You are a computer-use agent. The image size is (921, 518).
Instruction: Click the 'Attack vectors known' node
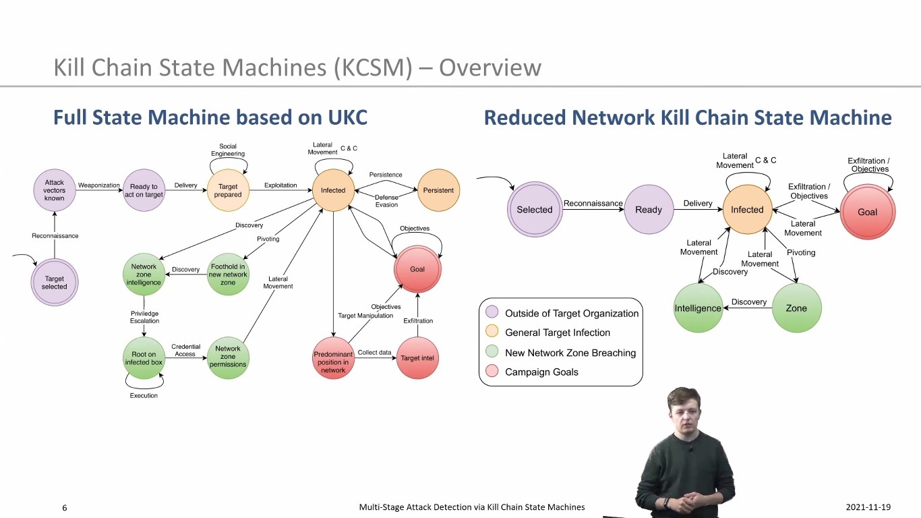55,190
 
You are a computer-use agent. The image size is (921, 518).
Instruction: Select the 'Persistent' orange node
438,190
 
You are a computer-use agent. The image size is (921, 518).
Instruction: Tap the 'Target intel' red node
417,358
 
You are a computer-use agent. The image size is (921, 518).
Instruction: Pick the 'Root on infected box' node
144,358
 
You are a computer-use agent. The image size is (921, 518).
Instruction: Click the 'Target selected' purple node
55,283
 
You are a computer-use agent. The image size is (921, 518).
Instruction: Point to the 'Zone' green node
796,308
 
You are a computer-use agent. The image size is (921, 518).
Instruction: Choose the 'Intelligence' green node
698,308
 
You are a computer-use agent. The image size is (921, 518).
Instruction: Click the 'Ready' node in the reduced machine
649,210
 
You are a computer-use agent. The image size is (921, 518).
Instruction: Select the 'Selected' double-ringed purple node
535,210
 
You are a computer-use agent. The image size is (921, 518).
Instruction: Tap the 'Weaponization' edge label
99,185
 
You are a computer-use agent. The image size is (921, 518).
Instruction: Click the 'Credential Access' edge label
185,350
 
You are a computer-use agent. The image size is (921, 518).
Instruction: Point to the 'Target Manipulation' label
365,316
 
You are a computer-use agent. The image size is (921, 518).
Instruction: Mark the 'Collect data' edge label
374,353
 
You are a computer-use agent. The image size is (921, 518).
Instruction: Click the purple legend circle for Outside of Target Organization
492,313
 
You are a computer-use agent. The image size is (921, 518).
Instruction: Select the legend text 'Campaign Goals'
541,372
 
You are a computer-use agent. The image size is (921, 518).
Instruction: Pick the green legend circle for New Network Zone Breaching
492,352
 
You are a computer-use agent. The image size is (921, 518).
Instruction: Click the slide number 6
65,508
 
